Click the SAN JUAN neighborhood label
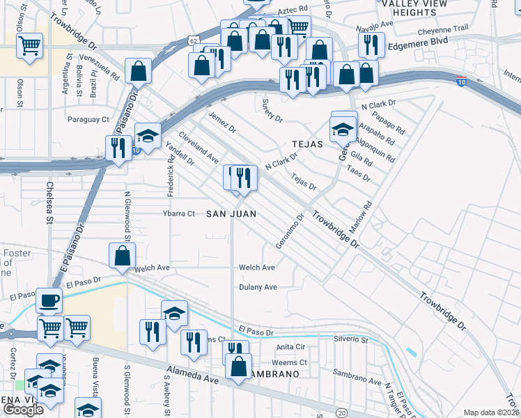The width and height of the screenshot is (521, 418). tap(231, 213)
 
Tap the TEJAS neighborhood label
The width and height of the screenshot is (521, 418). tap(307, 144)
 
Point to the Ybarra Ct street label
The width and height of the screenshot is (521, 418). tap(179, 213)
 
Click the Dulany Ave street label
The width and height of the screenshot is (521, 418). tap(258, 287)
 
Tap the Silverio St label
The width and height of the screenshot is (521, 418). tap(350, 340)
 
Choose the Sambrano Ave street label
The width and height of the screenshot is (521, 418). tap(357, 382)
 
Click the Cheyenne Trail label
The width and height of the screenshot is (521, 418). tap(443, 30)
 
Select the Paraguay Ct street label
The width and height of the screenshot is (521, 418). tap(88, 119)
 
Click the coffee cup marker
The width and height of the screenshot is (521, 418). tap(49, 301)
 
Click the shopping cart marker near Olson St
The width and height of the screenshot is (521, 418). tap(30, 47)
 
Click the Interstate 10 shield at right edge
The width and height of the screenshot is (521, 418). tap(461, 82)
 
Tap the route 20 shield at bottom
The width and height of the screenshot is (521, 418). tap(341, 412)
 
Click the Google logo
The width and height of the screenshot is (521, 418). tap(23, 410)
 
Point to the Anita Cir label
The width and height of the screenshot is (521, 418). tap(291, 346)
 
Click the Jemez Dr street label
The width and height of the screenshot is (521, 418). tap(222, 123)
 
